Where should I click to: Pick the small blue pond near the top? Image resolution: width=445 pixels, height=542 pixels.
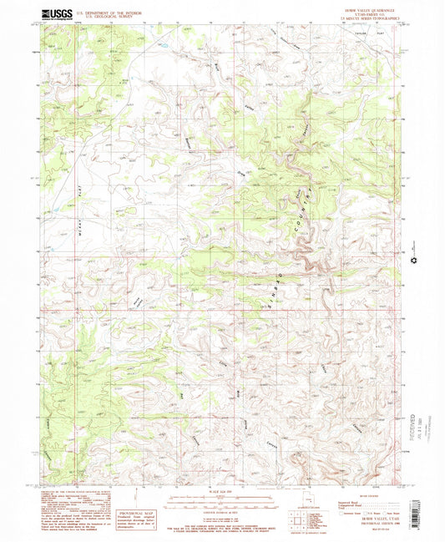click(x=162, y=41)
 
